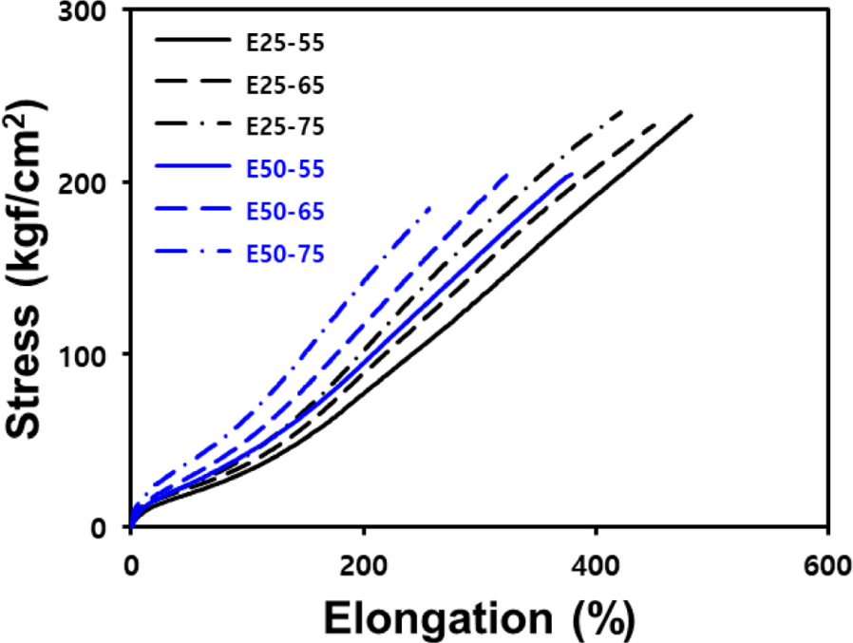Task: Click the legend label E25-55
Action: [285, 43]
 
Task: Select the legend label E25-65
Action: [285, 85]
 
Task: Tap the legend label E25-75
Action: [285, 126]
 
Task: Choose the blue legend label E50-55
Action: [285, 169]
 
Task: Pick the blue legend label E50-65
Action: [285, 212]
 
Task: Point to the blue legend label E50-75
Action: [285, 254]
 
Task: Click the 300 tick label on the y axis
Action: [82, 12]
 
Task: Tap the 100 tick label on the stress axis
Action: [82, 357]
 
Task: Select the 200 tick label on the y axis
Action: [82, 185]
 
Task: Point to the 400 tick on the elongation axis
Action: [597, 566]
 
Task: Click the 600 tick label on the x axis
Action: [827, 566]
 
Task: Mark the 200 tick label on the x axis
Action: [364, 566]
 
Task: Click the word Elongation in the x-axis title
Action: [439, 618]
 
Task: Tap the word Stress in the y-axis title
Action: [23, 371]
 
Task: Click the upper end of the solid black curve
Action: [692, 115]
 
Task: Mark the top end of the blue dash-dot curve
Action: [429, 208]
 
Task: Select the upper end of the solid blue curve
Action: [572, 174]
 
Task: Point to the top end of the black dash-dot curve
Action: [623, 111]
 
